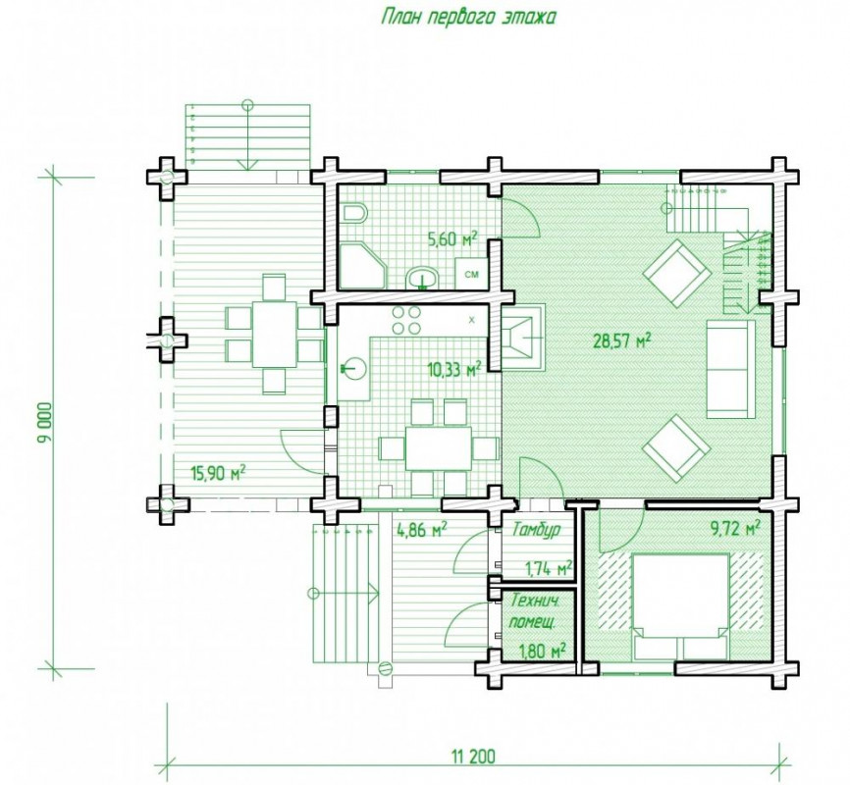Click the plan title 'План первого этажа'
click(469, 17)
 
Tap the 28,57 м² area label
click(621, 340)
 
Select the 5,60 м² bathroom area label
click(452, 238)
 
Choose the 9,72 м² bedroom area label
click(735, 528)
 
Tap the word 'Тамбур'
click(536, 529)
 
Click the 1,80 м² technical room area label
click(543, 650)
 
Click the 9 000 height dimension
click(45, 423)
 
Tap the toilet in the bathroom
click(355, 213)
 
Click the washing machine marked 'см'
click(471, 274)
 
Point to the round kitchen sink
click(353, 369)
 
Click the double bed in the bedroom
click(681, 605)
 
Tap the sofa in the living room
click(731, 369)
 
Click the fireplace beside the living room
click(522, 338)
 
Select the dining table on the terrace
click(274, 334)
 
